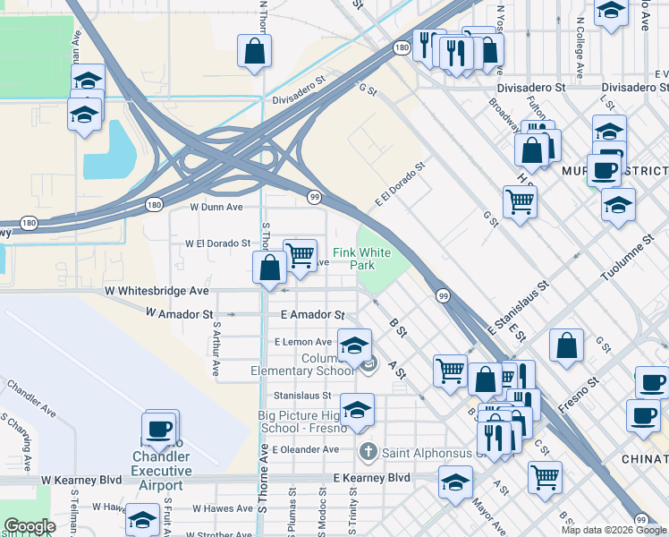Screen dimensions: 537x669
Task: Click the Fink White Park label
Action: pyautogui.click(x=362, y=260)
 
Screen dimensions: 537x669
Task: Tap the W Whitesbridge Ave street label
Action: pyautogui.click(x=157, y=291)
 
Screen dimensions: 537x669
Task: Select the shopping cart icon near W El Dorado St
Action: pyautogui.click(x=300, y=253)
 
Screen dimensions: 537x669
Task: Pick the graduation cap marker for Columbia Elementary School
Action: pyautogui.click(x=354, y=345)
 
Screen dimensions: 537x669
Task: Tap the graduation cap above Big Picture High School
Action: pyautogui.click(x=357, y=409)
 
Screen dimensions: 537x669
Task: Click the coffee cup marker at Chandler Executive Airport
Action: pyautogui.click(x=160, y=429)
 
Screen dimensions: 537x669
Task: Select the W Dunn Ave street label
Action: pyautogui.click(x=217, y=207)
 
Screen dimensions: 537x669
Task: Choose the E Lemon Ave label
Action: pyautogui.click(x=303, y=342)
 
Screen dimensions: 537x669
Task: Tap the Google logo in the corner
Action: pyautogui.click(x=29, y=526)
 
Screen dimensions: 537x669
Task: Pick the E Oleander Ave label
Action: pyautogui.click(x=306, y=449)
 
